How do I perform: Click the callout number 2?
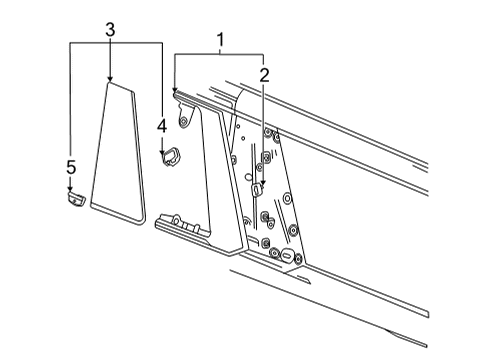pyautogui.click(x=263, y=74)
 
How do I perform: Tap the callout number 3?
pyautogui.click(x=110, y=30)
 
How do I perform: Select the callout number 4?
pyautogui.click(x=161, y=126)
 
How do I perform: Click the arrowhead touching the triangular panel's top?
pyautogui.click(x=110, y=77)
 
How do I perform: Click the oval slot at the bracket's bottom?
pyautogui.click(x=287, y=257)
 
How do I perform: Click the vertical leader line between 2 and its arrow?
pyautogui.click(x=263, y=130)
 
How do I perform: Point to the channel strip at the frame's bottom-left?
pyautogui.click(x=185, y=227)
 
